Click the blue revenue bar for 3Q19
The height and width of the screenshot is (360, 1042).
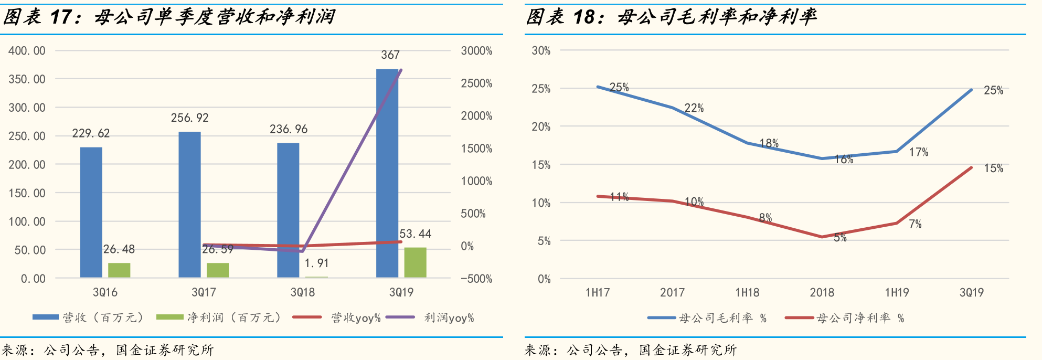tap(387, 173)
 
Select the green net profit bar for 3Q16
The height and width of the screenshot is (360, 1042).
tap(119, 270)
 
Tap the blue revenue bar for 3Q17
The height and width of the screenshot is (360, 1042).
tap(189, 205)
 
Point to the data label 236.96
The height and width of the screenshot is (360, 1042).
tap(289, 129)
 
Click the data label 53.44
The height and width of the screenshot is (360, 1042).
tap(416, 234)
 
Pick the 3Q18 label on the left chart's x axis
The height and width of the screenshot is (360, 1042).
tap(303, 292)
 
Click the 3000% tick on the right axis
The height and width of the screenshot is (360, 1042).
tap(476, 51)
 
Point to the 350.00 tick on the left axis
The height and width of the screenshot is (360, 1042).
tap(27, 79)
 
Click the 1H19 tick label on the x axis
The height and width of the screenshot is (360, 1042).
tap(897, 292)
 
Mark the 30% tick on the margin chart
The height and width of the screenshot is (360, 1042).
tap(541, 51)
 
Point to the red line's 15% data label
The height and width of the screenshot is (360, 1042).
tap(993, 168)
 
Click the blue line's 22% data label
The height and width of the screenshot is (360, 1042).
tap(694, 108)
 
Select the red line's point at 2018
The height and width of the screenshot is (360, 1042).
tap(822, 237)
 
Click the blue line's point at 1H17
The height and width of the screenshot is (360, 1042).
tap(598, 87)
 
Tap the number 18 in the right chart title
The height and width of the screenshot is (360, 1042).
tap(584, 17)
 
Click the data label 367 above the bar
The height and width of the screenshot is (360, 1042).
tap(390, 55)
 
